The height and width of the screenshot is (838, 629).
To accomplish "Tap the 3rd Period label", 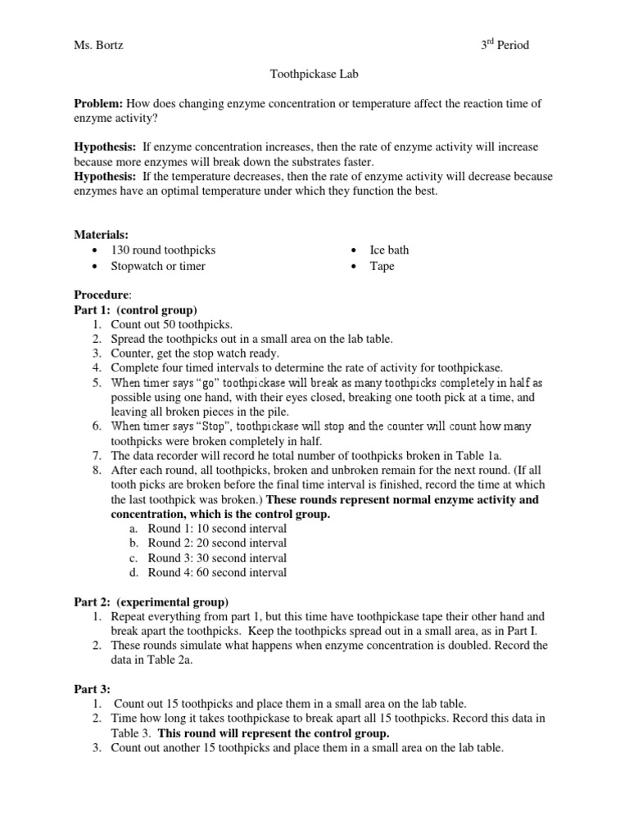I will tap(505, 45).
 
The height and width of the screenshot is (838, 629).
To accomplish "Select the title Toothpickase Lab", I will tap(314, 74).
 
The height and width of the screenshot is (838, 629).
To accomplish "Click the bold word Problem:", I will tap(98, 104).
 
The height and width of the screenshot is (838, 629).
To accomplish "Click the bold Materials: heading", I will tap(101, 235).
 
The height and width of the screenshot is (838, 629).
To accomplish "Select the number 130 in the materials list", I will tap(133, 250).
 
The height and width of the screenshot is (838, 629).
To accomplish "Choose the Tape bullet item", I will tap(382, 266).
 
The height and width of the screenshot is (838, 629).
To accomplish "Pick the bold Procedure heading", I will tap(102, 295).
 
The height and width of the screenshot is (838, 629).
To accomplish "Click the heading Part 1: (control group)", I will tap(135, 310).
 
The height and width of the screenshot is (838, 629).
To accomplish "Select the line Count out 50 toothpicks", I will tap(172, 324).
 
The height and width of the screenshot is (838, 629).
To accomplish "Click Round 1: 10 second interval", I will tap(217, 529).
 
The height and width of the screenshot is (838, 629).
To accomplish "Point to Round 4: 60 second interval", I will tap(217, 573).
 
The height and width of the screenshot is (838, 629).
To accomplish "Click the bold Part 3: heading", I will tap(92, 689).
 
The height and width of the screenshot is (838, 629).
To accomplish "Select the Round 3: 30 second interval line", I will tap(217, 558).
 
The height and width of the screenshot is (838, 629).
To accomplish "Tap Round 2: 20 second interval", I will tap(217, 543).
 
